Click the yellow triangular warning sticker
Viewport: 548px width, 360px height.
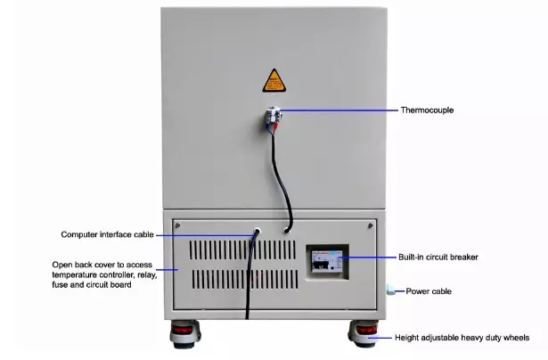click(x=274, y=79)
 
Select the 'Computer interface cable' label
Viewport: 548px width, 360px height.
click(x=107, y=234)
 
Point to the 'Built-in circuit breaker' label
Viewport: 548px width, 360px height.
click(x=438, y=257)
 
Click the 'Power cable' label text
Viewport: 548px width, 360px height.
click(x=429, y=291)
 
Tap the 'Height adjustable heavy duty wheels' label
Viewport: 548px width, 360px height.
click(x=462, y=338)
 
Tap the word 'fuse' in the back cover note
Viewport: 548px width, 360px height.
click(x=62, y=284)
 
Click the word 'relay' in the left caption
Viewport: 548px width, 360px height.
click(x=143, y=274)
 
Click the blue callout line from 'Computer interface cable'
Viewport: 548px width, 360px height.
click(x=205, y=234)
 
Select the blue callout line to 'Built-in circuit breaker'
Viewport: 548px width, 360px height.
click(x=365, y=257)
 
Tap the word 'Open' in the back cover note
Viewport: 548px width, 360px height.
click(x=62, y=265)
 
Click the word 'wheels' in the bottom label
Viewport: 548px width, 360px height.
click(x=516, y=338)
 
